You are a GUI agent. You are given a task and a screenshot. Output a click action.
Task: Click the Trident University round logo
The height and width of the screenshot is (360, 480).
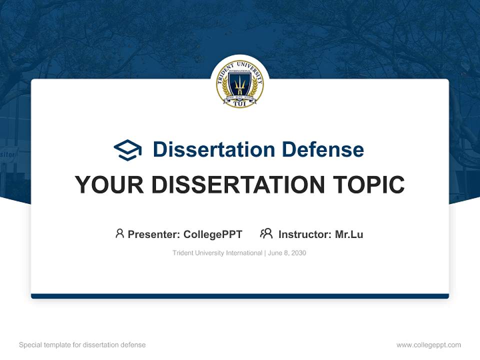pos(240,84)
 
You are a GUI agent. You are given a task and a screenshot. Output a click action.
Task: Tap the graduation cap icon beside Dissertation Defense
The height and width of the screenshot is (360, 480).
pos(127,150)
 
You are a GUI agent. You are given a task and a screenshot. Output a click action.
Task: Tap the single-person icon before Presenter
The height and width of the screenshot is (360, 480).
pos(119,233)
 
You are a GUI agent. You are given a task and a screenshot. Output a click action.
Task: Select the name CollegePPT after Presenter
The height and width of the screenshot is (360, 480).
pos(213,234)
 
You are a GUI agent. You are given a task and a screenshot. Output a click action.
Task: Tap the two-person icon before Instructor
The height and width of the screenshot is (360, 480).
pos(266,233)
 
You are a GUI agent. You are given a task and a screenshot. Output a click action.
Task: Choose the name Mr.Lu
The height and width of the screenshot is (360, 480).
pos(349,234)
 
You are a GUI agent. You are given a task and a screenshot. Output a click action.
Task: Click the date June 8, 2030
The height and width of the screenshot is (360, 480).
pos(287,253)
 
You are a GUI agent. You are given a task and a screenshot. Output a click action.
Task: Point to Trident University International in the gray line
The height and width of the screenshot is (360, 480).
pos(217,253)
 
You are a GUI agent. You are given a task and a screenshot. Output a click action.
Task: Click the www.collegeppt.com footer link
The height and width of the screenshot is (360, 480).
pos(428,345)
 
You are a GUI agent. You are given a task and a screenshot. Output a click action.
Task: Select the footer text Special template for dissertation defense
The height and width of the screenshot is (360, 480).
pos(82,345)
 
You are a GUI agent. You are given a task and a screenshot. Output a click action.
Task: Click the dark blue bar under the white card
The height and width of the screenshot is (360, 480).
pos(240,296)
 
